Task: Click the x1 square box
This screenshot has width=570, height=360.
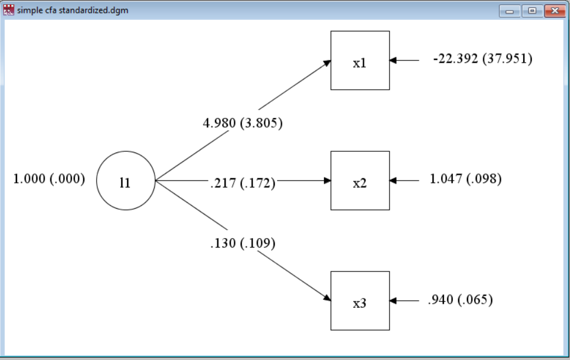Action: [360, 60]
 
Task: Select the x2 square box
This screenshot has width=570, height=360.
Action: [360, 181]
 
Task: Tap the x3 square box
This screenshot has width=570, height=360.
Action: [360, 301]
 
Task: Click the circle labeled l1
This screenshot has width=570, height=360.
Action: [125, 181]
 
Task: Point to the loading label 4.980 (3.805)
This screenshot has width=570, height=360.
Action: [242, 123]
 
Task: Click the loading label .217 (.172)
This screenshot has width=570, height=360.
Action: [243, 183]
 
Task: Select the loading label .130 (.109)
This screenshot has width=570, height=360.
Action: [243, 243]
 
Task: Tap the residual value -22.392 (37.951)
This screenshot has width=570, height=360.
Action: [482, 59]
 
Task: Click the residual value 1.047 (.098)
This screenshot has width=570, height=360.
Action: [465, 179]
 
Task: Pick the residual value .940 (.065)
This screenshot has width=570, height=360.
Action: [460, 300]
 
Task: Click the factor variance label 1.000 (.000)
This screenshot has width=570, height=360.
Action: [49, 179]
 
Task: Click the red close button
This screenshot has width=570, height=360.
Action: [553, 11]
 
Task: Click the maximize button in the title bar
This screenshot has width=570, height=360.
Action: [531, 11]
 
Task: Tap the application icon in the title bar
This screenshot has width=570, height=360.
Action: [9, 10]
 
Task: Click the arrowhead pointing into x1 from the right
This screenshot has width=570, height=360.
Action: [393, 60]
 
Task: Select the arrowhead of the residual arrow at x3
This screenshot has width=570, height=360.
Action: [393, 301]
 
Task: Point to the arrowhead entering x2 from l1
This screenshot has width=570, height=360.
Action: [327, 181]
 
